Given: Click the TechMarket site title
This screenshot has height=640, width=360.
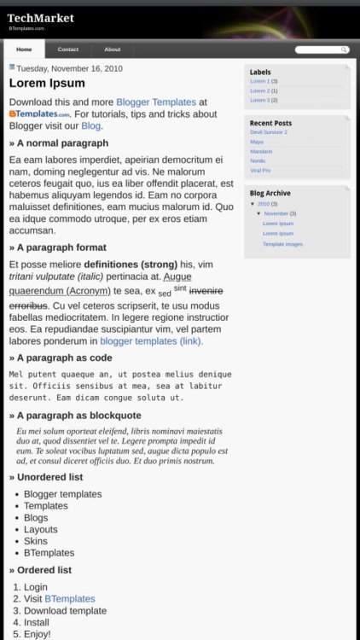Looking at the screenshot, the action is pyautogui.click(x=40, y=17).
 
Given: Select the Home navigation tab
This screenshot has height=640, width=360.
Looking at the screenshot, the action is pyautogui.click(x=24, y=49).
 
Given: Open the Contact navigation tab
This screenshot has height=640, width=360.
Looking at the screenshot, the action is pyautogui.click(x=67, y=49).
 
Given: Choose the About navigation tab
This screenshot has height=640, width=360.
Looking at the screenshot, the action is pyautogui.click(x=112, y=49).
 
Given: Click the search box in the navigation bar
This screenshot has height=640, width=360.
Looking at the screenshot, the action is pyautogui.click(x=321, y=49).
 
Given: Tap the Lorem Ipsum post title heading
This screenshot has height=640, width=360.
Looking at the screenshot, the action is pyautogui.click(x=47, y=84).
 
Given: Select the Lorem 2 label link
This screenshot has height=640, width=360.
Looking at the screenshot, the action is pyautogui.click(x=259, y=90).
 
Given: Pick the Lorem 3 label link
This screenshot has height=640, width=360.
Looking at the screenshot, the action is pyautogui.click(x=259, y=100).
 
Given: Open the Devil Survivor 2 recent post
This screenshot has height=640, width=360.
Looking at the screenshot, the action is pyautogui.click(x=269, y=132).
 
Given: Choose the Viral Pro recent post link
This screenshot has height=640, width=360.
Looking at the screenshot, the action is pyautogui.click(x=260, y=170).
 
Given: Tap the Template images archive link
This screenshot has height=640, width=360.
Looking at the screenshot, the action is pyautogui.click(x=282, y=244).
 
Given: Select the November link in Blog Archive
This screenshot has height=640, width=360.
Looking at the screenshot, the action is pyautogui.click(x=276, y=213).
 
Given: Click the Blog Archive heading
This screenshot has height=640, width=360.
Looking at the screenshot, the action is pyautogui.click(x=270, y=193).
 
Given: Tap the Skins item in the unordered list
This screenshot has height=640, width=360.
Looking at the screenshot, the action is pyautogui.click(x=36, y=541).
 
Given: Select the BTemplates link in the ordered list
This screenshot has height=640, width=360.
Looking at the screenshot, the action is pyautogui.click(x=69, y=599).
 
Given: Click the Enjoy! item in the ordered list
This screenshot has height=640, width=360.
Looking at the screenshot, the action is pyautogui.click(x=38, y=634).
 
